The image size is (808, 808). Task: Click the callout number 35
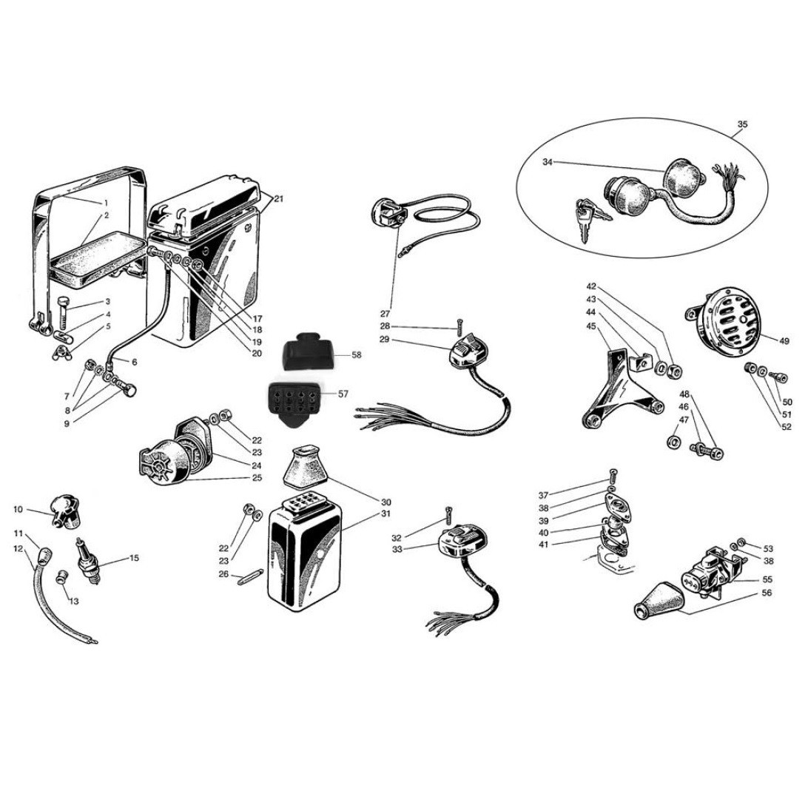pos(742,124)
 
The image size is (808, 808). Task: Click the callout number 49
pos(784,340)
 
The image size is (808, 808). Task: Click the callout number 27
pos(386,314)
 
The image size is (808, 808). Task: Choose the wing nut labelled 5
pos(61,353)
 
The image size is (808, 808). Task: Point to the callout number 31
pos(386,514)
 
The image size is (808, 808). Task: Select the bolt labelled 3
pos(64,312)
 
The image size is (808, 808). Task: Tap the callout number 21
pos(278,199)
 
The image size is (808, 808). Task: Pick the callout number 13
pos(74,602)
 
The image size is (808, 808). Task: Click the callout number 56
pos(767,593)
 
